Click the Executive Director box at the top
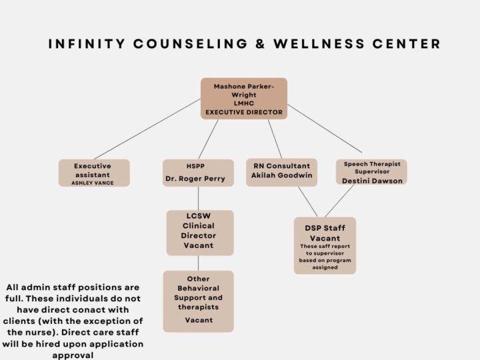tap(244, 99)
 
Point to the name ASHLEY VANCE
tap(94, 183)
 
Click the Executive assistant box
tap(94, 173)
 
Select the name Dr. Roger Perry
tap(198, 179)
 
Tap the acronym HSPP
tap(198, 166)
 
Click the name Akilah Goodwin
tap(281, 175)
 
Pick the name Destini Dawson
tap(372, 180)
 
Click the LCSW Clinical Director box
tap(199, 232)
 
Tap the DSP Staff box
tap(325, 245)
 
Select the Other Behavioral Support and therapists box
tap(198, 301)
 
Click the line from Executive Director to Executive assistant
tap(147, 129)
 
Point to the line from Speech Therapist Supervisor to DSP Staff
tap(339, 201)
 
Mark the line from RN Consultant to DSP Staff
tap(308, 201)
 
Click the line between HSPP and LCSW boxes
tap(198, 198)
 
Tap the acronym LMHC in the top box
tap(244, 104)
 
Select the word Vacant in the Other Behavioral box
tap(199, 321)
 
